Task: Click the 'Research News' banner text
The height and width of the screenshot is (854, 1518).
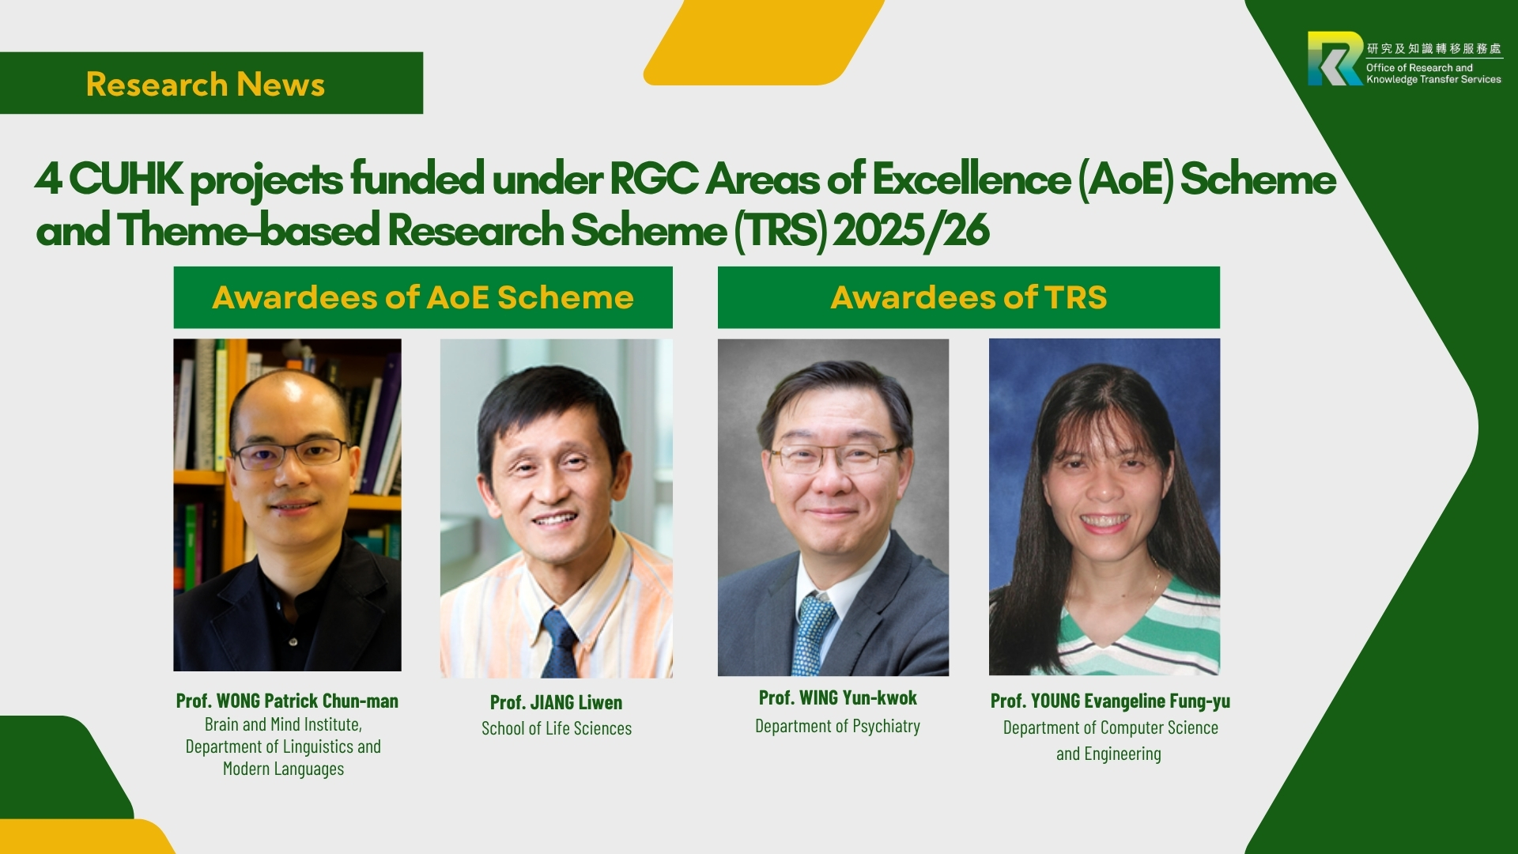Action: [206, 85]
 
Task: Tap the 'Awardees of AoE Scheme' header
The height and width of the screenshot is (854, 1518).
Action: [423, 297]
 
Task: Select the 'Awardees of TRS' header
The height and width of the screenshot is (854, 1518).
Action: [969, 297]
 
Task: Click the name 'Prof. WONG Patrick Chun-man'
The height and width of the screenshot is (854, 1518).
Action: [287, 701]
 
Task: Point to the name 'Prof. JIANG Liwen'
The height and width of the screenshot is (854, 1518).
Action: [556, 702]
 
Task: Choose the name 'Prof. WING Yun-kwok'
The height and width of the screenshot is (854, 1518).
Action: [837, 697]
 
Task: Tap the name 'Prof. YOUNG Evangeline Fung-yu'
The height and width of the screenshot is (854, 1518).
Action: [1110, 701]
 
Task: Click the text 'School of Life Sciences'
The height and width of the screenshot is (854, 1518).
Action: [557, 728]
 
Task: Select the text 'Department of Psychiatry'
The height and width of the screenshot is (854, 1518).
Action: [837, 726]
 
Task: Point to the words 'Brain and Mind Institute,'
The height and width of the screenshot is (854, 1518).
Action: [283, 724]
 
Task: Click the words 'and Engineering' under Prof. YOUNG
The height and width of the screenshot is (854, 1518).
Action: [1108, 754]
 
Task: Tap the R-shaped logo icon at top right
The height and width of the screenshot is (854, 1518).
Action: [1335, 59]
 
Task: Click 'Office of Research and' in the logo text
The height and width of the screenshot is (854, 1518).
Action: [1419, 68]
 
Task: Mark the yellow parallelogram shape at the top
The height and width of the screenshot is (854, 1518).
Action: [764, 42]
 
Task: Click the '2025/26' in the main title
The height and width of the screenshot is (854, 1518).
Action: [911, 230]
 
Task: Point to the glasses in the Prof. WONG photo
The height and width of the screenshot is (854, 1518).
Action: [289, 453]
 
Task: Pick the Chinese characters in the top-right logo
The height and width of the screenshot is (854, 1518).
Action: [1433, 48]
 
